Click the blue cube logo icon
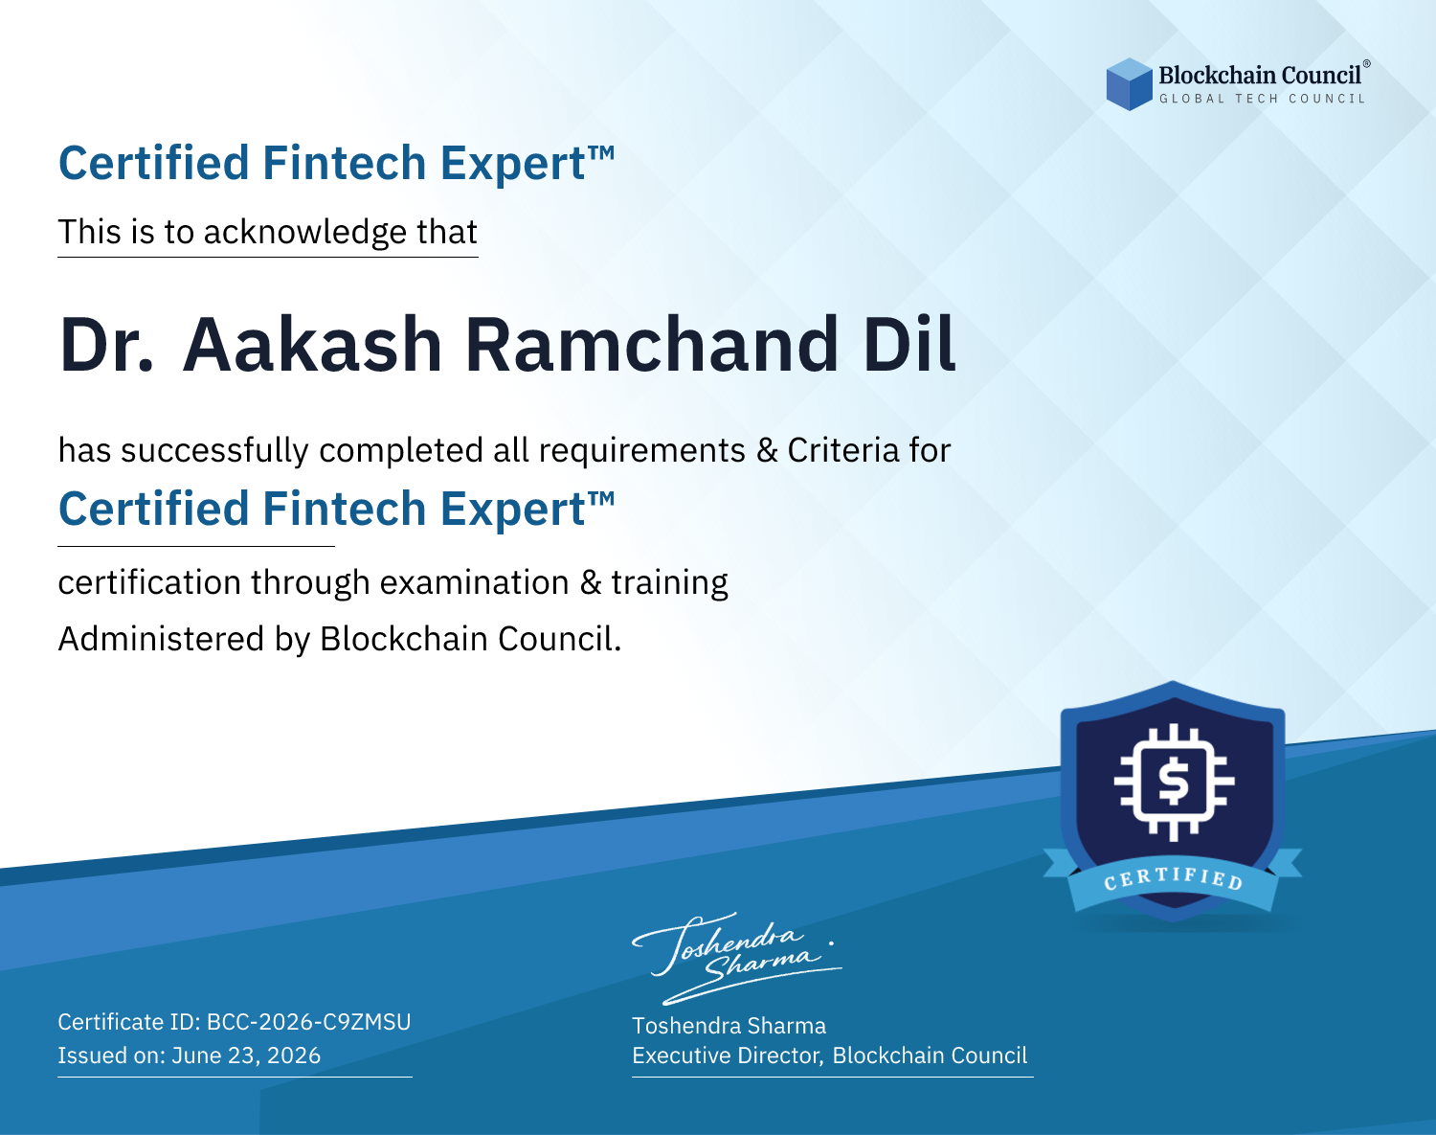point(1129,84)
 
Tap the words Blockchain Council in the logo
point(1260,76)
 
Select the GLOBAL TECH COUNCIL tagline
point(1262,99)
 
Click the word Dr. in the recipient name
point(107,345)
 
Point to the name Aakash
point(312,345)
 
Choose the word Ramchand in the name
point(652,345)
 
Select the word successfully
point(214,451)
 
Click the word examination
point(474,582)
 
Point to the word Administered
point(161,639)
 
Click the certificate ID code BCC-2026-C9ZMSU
point(309,1022)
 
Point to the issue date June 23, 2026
point(246,1056)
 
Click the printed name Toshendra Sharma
point(729,1026)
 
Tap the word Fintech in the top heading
point(345,163)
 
